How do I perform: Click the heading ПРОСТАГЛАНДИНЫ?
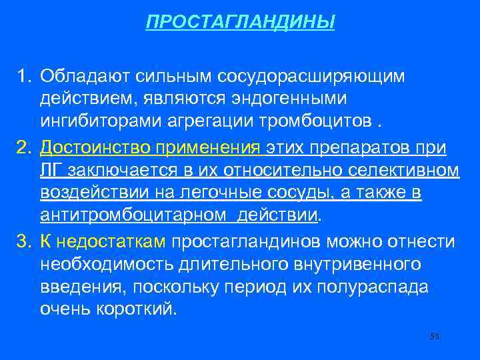click(241, 23)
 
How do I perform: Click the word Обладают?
click(77, 76)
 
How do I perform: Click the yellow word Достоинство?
click(89, 147)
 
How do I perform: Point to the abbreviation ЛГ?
click(50, 171)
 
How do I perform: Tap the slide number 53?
click(435, 336)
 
